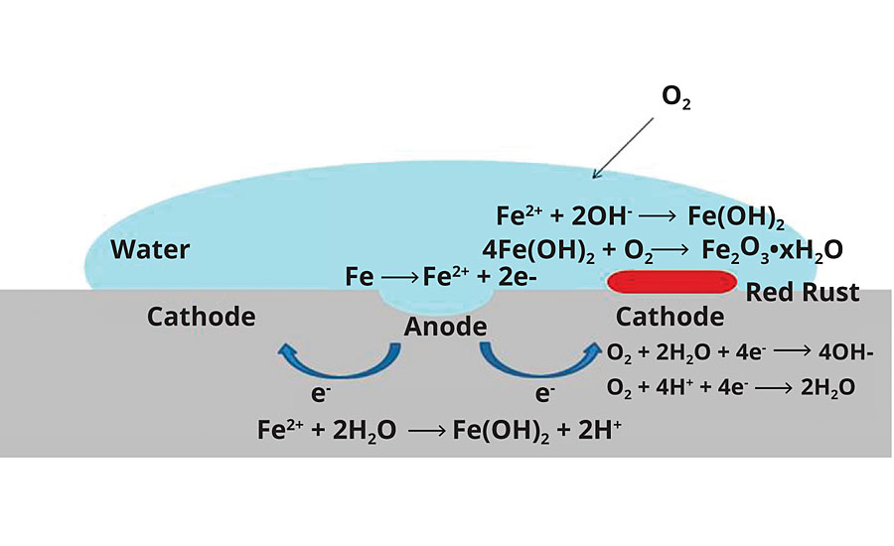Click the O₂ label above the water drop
[675, 99]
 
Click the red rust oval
[666, 282]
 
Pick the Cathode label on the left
[201, 317]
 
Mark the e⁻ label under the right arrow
[544, 394]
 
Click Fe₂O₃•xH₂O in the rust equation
[772, 248]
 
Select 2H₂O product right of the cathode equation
[827, 386]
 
